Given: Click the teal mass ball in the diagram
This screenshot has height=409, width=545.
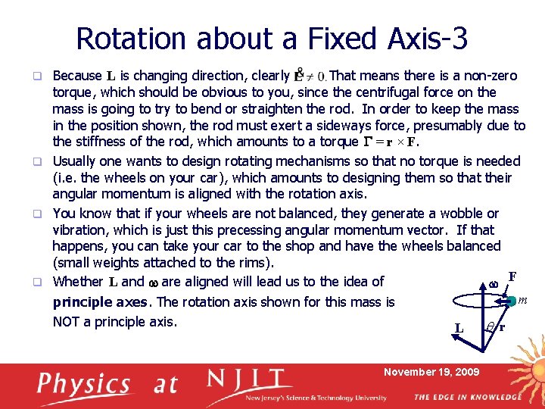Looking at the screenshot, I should [512, 301].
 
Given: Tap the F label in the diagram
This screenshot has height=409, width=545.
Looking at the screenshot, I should [512, 276].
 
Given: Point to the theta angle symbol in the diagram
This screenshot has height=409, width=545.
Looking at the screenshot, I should [490, 327].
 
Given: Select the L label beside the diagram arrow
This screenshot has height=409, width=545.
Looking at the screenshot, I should [459, 328].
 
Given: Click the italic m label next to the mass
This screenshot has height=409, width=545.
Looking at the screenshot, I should [522, 301].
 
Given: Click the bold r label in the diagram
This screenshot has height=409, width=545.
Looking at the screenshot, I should [502, 327].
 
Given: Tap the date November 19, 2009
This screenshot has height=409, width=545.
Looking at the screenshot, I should [431, 372].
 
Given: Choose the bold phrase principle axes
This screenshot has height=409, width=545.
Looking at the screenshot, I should [101, 302].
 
